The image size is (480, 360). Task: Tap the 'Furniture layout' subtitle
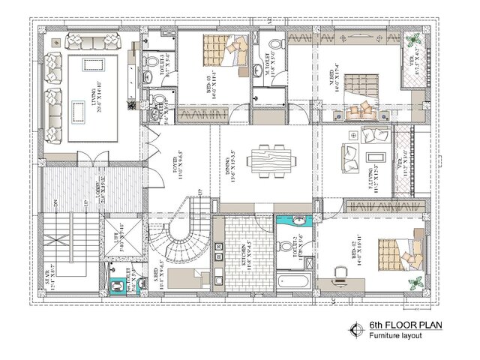394,335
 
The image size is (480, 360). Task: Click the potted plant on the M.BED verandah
412,41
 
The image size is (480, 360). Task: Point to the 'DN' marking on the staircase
56,203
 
